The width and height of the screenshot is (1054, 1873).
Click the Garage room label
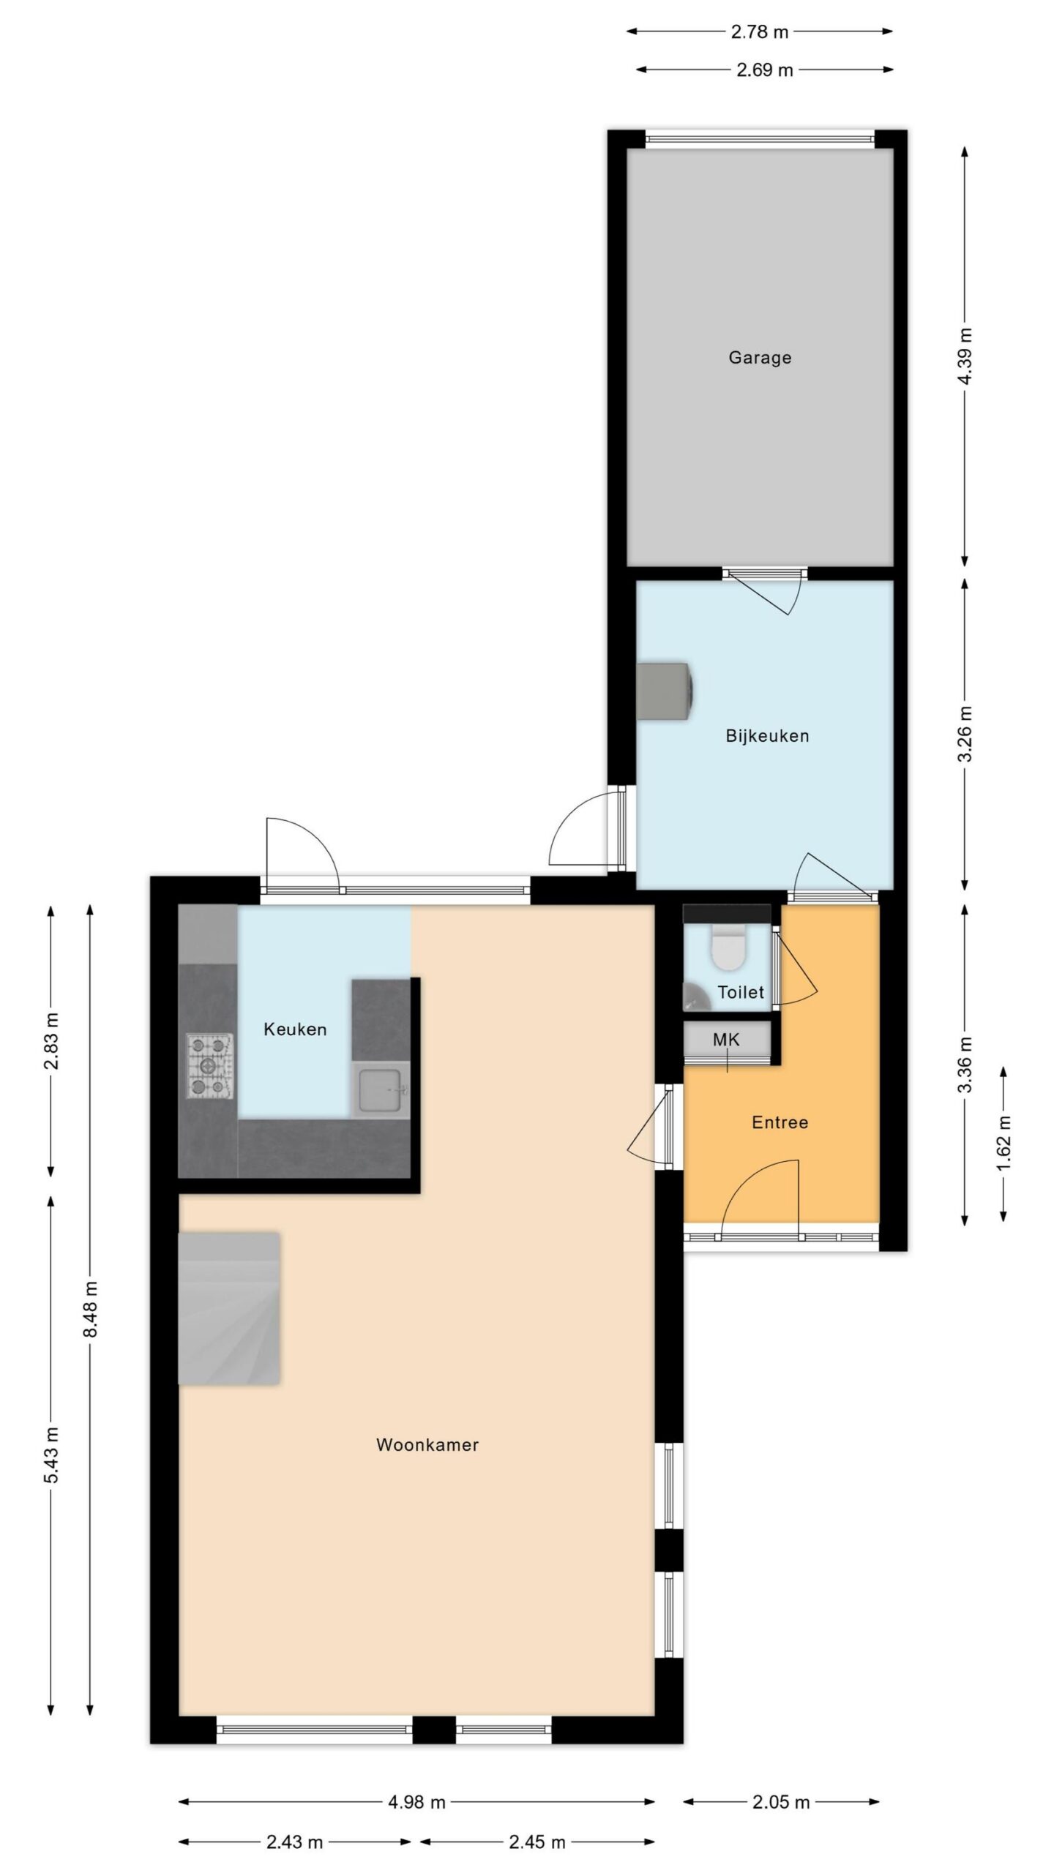[x=760, y=358]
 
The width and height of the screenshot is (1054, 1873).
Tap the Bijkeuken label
[x=767, y=735]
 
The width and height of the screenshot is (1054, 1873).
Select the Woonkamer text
[x=427, y=1444]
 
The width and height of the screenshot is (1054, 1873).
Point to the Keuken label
[x=295, y=1029]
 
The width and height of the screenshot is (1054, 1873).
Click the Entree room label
[x=780, y=1122]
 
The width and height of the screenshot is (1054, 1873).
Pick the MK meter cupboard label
[x=726, y=1040]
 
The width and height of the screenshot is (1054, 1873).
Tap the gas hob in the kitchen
[x=209, y=1065]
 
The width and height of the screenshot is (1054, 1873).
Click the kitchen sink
[x=381, y=1090]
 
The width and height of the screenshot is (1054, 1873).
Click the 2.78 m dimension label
[x=760, y=31]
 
